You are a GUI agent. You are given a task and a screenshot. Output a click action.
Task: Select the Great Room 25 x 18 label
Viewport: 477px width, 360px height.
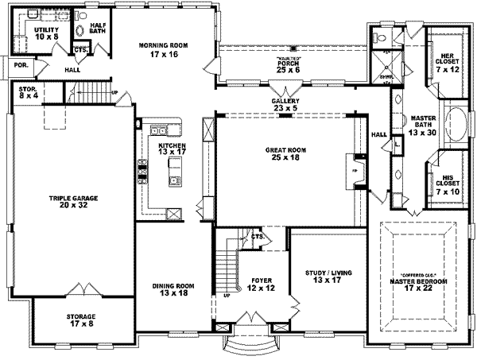(x=283, y=153)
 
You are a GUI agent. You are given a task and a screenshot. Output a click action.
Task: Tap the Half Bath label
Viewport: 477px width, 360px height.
(x=99, y=29)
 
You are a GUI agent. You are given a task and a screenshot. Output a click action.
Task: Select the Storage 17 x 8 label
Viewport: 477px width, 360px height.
(x=81, y=319)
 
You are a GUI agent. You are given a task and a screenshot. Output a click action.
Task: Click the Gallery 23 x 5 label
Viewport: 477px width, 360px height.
(x=283, y=108)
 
